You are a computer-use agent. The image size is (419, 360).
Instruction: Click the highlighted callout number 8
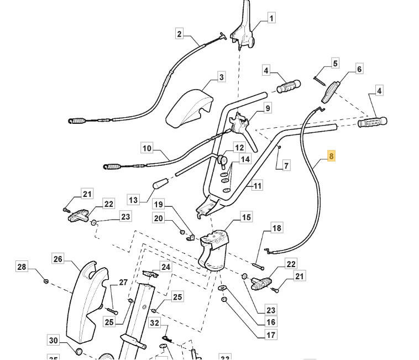tap(331, 156)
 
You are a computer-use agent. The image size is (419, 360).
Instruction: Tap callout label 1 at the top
tap(271, 18)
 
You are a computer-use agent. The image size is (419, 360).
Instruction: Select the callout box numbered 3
tap(221, 77)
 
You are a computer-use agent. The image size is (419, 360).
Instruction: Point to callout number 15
tap(246, 217)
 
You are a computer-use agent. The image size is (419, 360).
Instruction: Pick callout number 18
tap(276, 228)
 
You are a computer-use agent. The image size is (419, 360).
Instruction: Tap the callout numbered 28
tap(22, 268)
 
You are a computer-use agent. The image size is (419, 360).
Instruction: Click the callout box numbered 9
tap(267, 108)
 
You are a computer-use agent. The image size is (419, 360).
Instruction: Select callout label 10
tap(146, 148)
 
